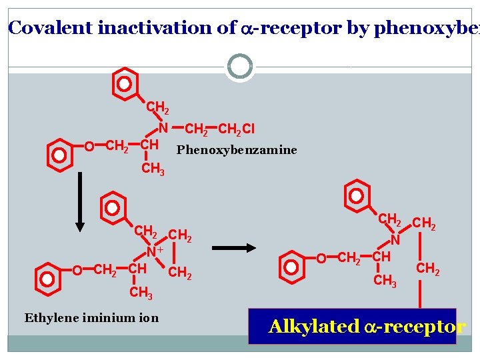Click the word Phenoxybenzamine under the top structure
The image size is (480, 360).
click(236, 150)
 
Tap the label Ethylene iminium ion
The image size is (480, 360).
click(91, 317)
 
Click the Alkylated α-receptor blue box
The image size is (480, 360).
click(352, 326)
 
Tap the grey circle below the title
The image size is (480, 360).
click(240, 67)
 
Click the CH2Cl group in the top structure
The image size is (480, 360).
click(237, 128)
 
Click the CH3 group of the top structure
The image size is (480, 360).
click(153, 169)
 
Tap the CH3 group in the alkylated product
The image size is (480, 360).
click(385, 281)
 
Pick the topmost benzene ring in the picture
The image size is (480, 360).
click(125, 84)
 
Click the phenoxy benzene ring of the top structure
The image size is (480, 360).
click(59, 154)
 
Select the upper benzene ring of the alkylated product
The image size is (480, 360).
click(357, 196)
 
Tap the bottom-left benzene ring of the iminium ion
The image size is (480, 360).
click(47, 279)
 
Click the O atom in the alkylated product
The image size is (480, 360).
click(321, 258)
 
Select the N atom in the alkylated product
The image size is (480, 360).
click(395, 239)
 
